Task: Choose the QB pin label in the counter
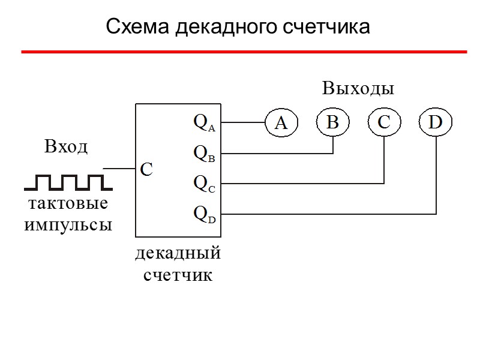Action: tap(204, 154)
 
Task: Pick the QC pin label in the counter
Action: tap(204, 183)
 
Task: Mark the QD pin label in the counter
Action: tap(204, 214)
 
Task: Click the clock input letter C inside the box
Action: tap(146, 170)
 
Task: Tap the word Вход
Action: tap(66, 147)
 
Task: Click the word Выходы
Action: tap(358, 89)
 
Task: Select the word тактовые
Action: tap(68, 203)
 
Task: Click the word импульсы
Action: tap(68, 225)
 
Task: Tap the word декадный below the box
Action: tap(178, 254)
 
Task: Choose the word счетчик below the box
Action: tap(178, 275)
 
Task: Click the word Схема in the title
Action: tap(137, 27)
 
